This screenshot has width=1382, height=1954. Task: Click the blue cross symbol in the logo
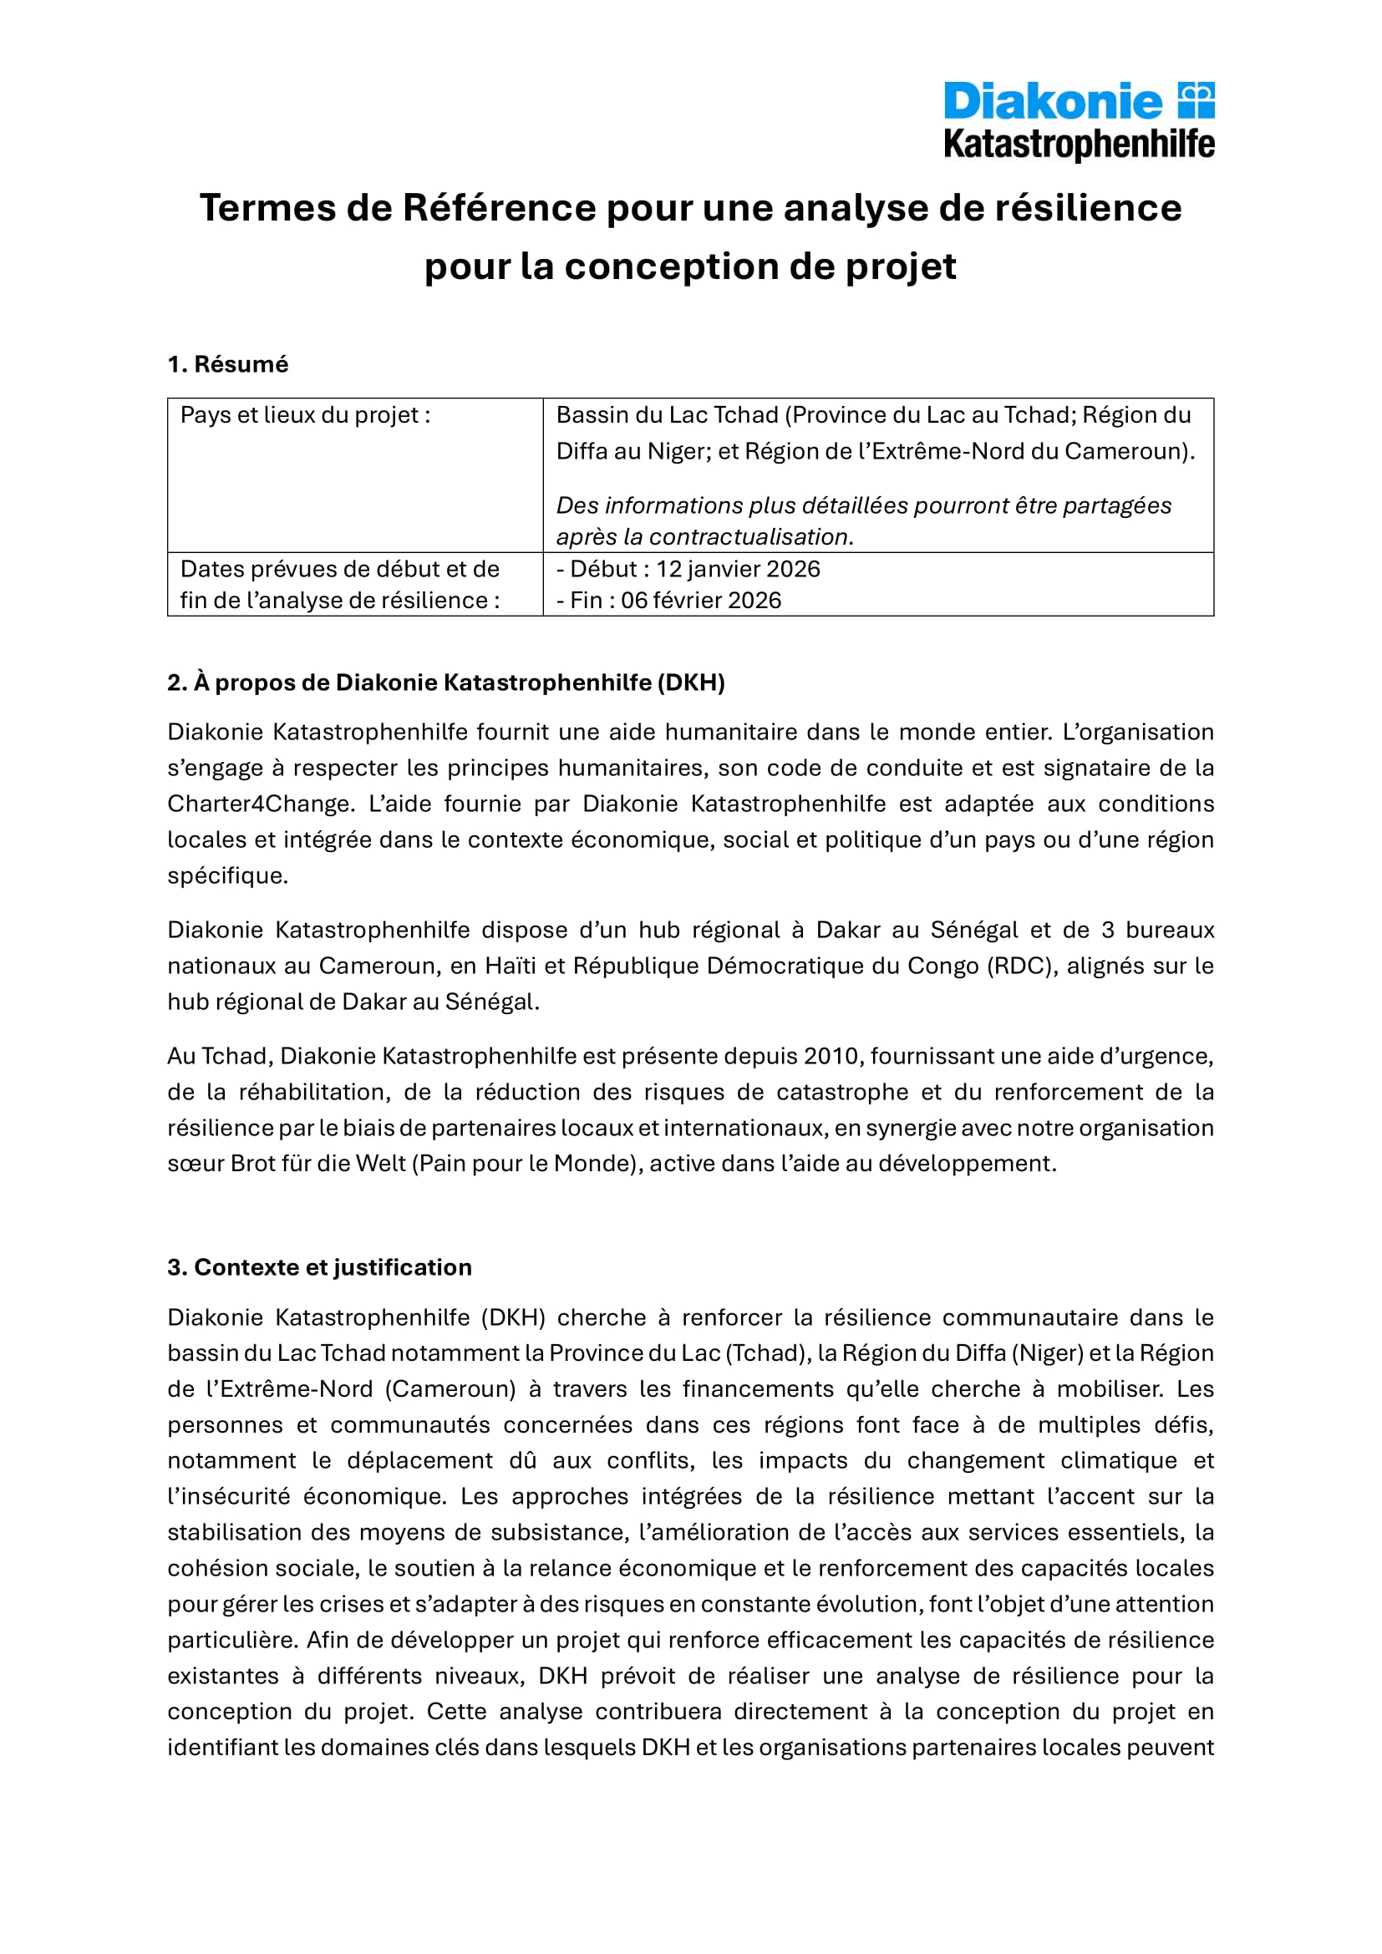pos(1196,100)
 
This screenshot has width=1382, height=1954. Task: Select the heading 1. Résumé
pos(227,364)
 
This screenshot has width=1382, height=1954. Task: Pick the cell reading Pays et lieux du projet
pos(305,415)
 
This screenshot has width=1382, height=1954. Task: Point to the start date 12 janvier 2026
pos(737,569)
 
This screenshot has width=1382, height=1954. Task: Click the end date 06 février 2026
pos(700,600)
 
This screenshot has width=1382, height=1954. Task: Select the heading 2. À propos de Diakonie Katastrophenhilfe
pos(446,683)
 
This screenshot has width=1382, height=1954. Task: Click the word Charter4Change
pos(260,804)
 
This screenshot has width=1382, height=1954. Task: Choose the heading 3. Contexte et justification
pos(319,1267)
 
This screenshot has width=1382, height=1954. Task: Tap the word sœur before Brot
pos(195,1164)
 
